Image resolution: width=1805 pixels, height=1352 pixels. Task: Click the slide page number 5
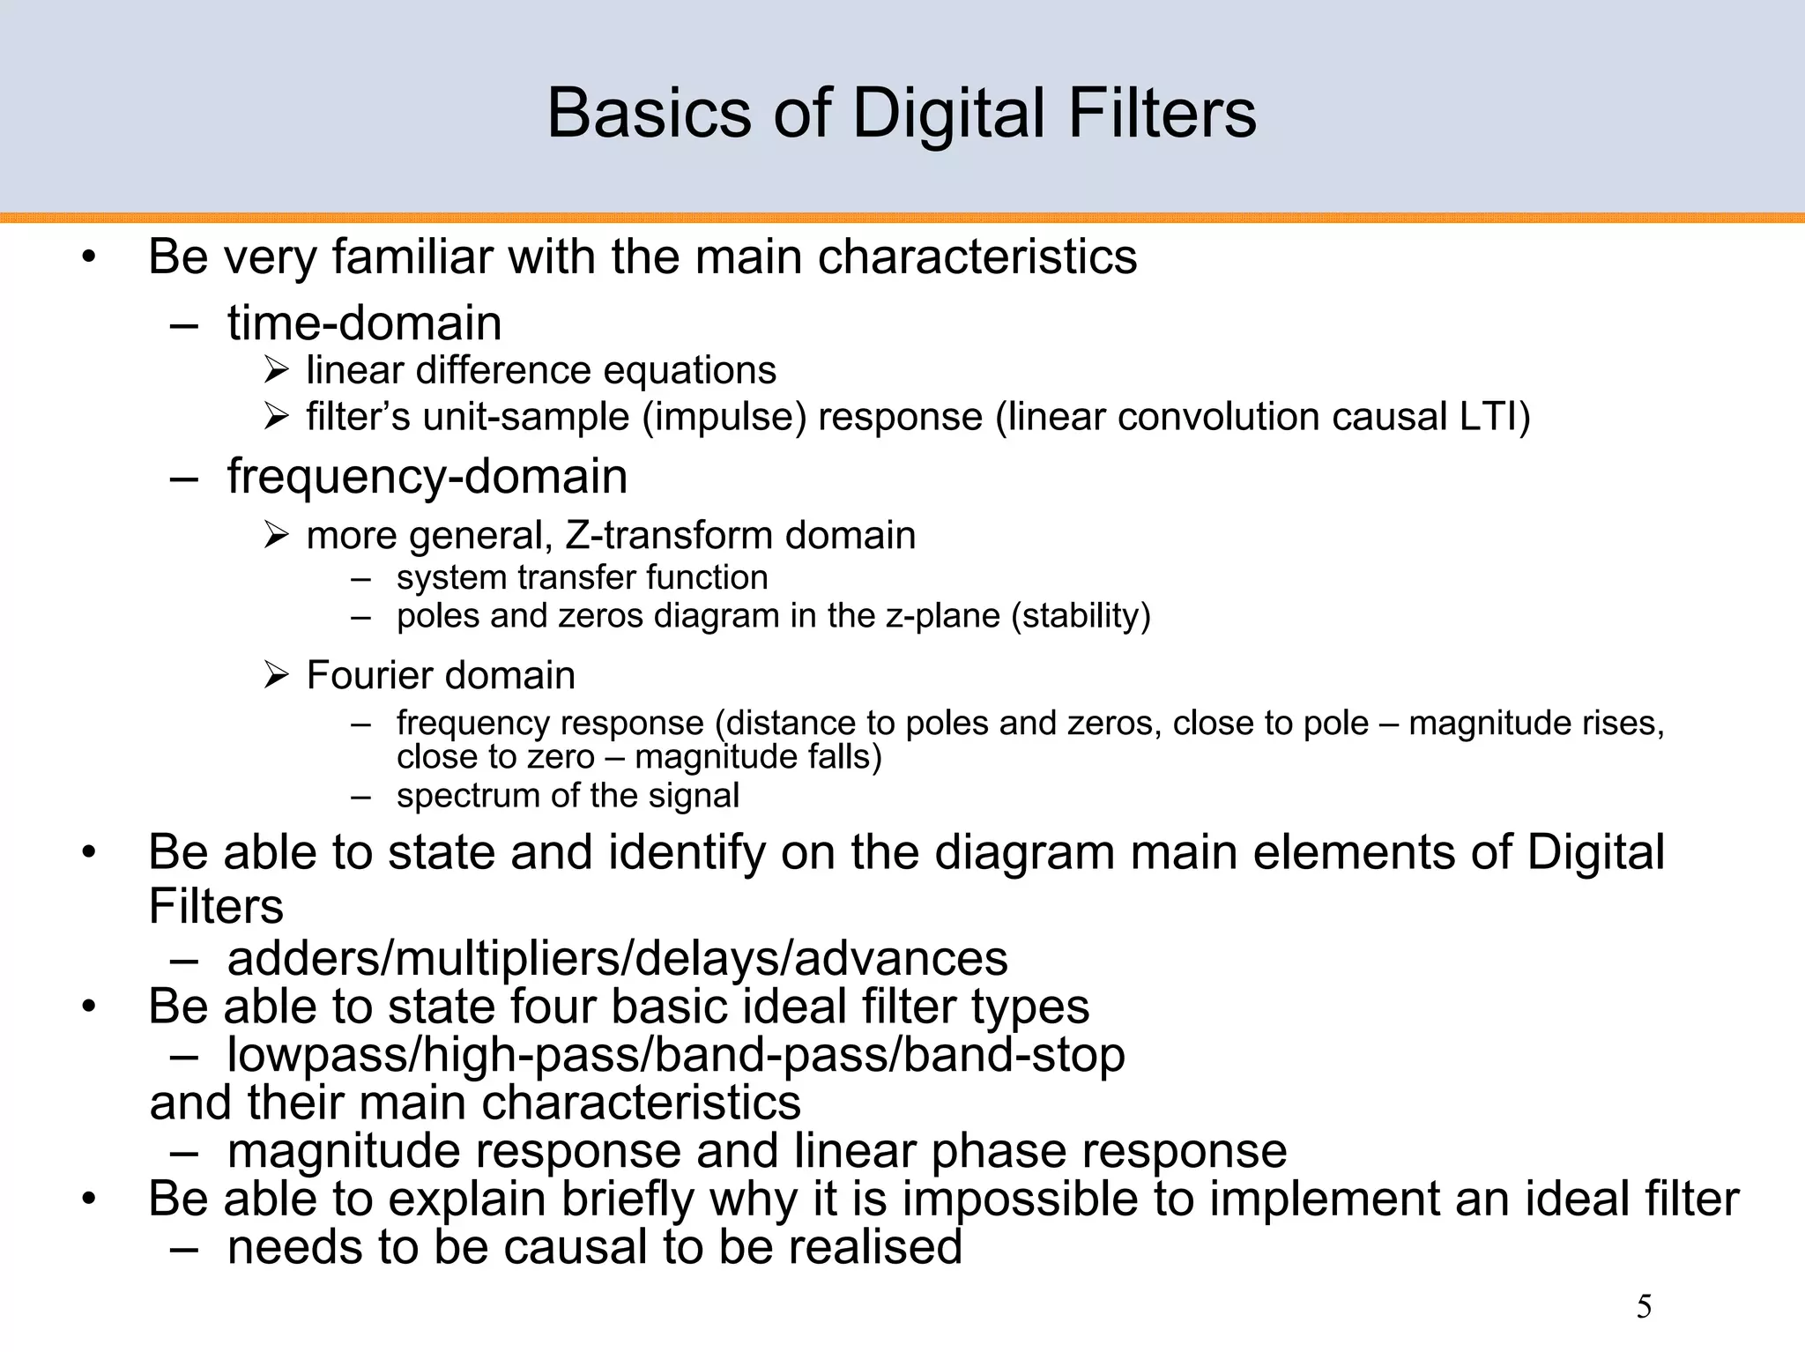pyautogui.click(x=1644, y=1307)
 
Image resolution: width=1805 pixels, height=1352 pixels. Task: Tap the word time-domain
pyautogui.click(x=364, y=323)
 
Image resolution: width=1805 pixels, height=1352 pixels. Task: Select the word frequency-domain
pyautogui.click(x=427, y=476)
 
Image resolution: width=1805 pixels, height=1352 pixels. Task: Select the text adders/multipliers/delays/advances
pyautogui.click(x=617, y=958)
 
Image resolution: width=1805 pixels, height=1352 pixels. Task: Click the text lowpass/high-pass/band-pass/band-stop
pyautogui.click(x=675, y=1054)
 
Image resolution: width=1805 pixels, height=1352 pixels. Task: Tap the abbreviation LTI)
pyautogui.click(x=1495, y=417)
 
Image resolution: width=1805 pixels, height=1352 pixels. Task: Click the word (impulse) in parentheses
pyautogui.click(x=724, y=417)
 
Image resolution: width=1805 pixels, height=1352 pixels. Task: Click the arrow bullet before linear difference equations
pyautogui.click(x=276, y=371)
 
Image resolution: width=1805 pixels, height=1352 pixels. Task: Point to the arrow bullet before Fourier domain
pyautogui.click(x=276, y=676)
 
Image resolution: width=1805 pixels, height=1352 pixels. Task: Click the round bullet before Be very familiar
pyautogui.click(x=88, y=258)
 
